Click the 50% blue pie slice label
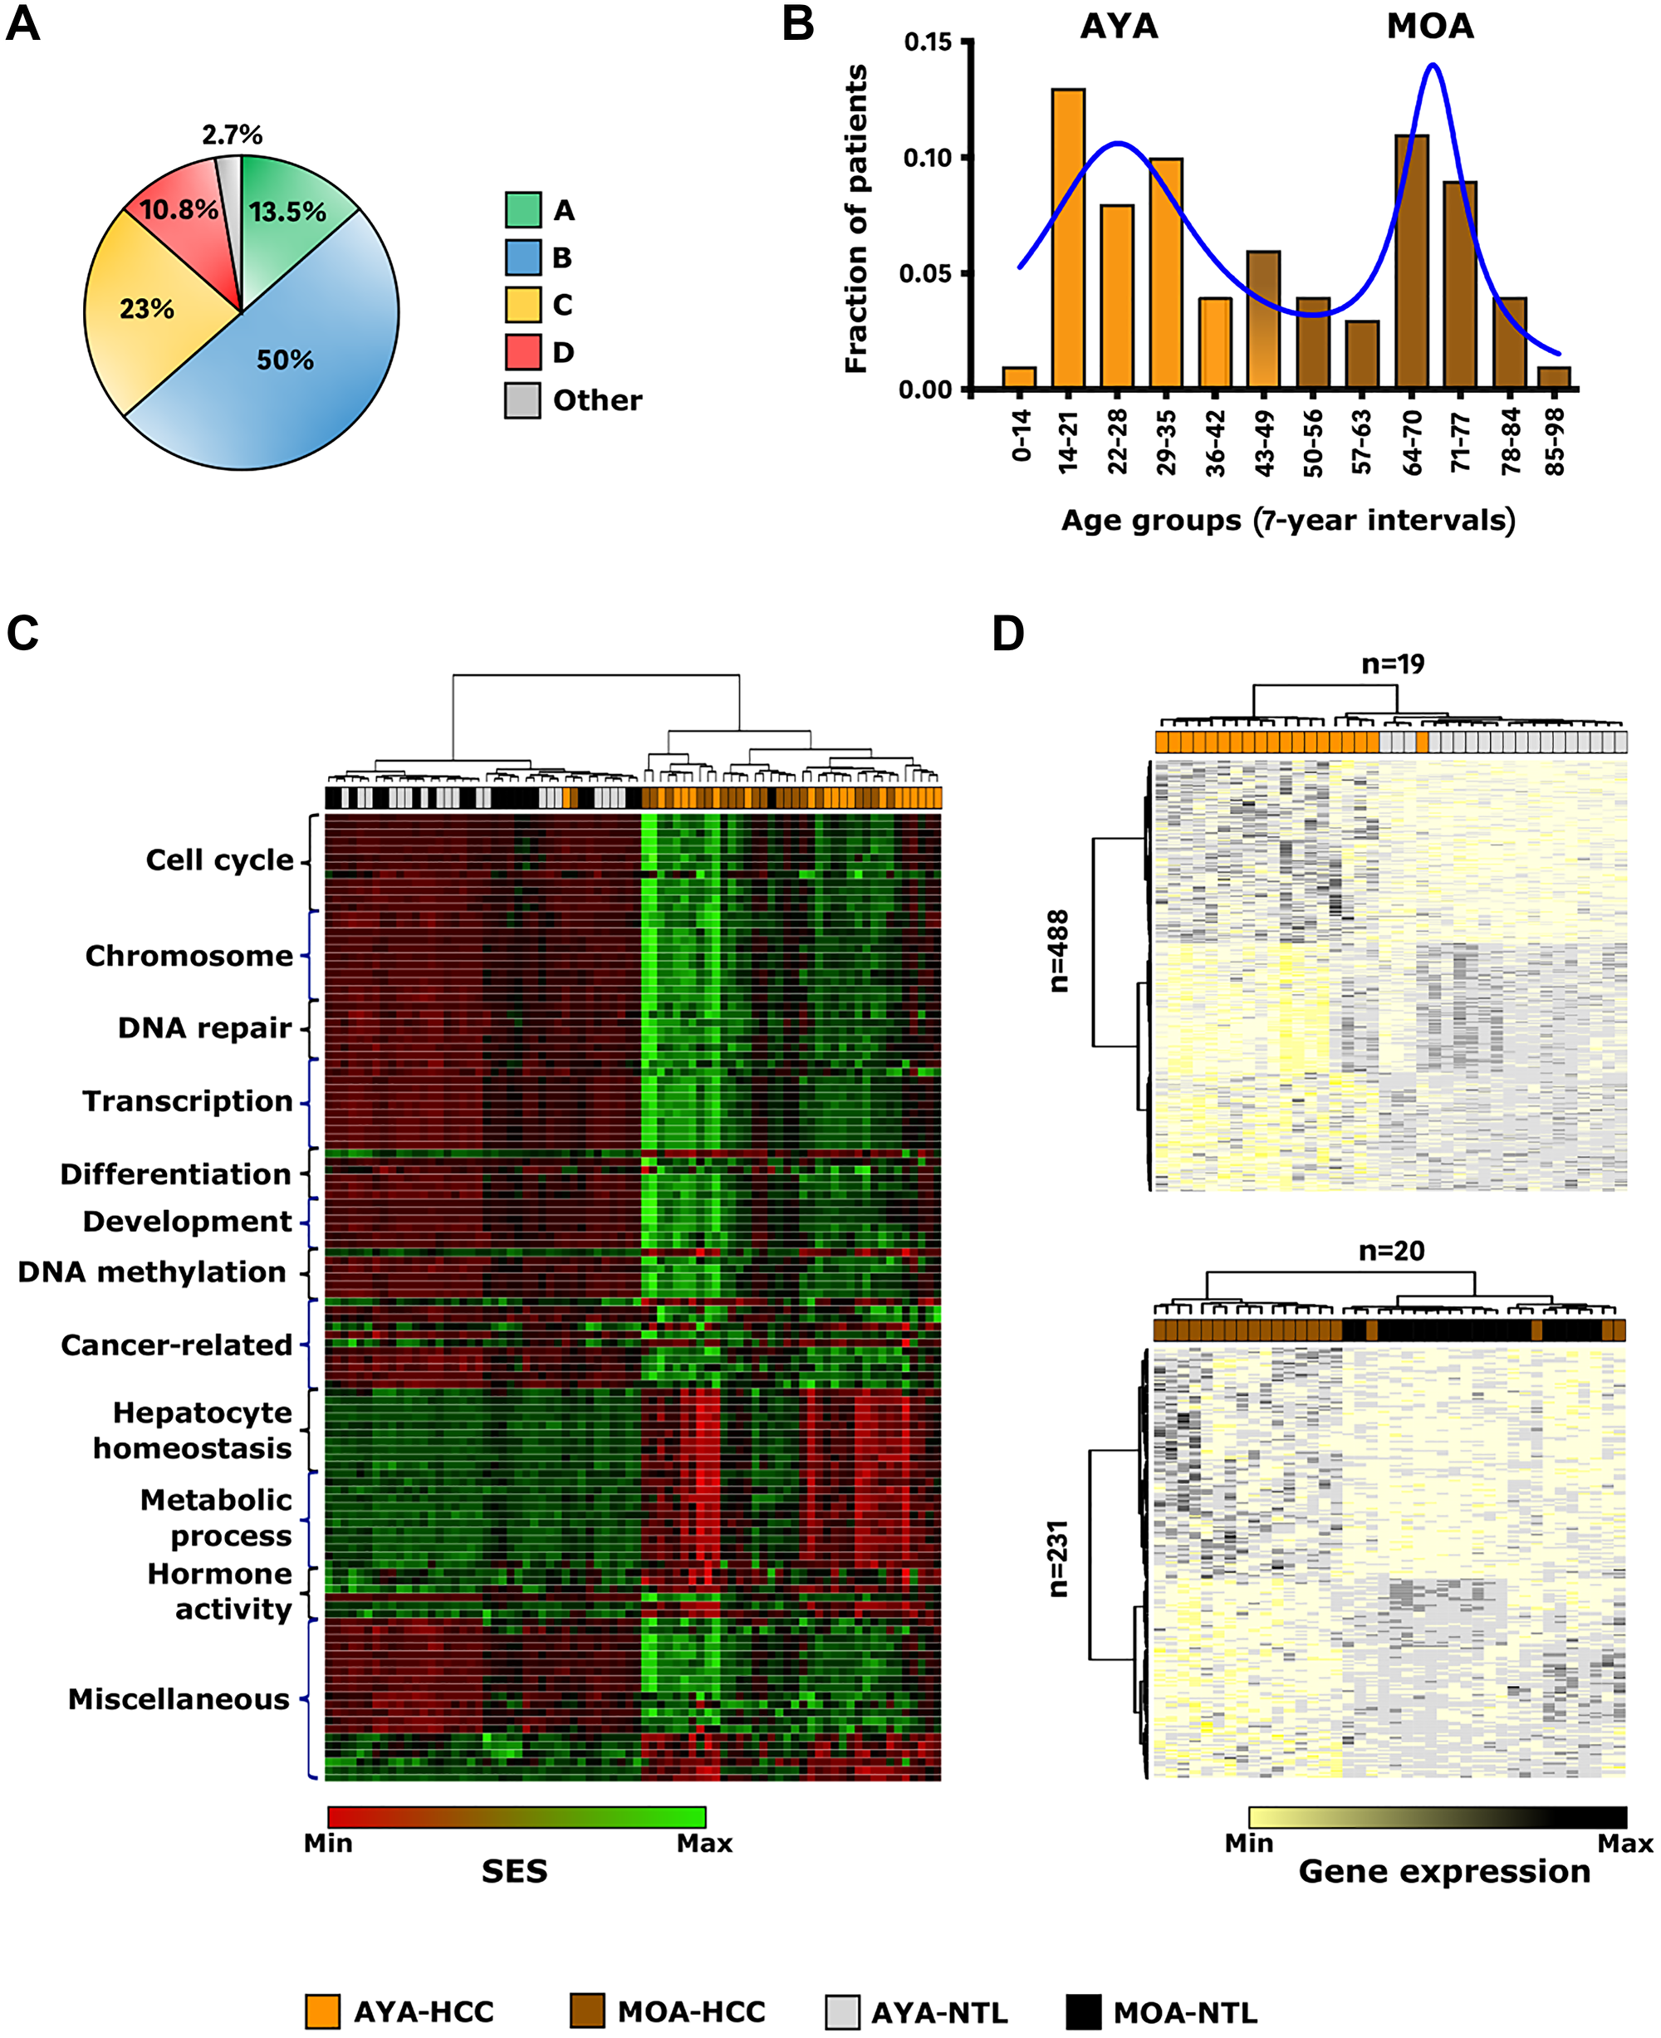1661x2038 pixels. pos(284,360)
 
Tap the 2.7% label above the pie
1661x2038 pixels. pos(232,135)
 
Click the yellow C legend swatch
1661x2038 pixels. pos(522,304)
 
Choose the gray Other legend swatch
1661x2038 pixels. pos(522,400)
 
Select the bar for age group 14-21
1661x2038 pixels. pos(1068,239)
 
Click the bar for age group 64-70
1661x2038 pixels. pos(1411,263)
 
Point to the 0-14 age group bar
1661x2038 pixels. pos(1019,378)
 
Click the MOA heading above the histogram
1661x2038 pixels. pos(1429,26)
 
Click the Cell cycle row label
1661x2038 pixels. pos(219,860)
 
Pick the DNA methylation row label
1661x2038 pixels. pos(152,1271)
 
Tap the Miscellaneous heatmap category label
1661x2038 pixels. pos(178,1699)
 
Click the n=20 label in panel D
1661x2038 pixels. pos(1391,1251)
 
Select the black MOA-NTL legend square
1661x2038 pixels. pos(1083,2012)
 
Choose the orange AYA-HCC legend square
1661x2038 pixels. pos(322,2012)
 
